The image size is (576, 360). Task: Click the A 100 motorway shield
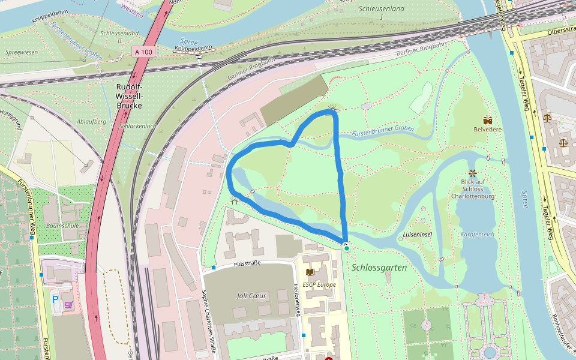(144, 52)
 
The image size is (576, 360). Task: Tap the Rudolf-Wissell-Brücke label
(130, 96)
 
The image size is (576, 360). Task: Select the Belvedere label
(488, 129)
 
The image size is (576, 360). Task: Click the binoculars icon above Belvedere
(488, 119)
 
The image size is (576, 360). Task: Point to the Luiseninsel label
(418, 234)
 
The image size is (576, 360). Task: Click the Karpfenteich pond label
(478, 235)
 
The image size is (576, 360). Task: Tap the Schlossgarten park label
(379, 268)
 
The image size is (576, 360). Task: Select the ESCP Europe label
(319, 284)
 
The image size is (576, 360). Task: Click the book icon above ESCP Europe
(310, 272)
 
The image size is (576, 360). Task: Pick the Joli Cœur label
(251, 296)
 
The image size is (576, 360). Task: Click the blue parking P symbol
(56, 299)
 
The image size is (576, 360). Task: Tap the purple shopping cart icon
(69, 305)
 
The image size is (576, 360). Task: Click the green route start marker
(347, 248)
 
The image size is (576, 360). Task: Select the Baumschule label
(62, 226)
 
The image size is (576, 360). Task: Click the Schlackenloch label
(137, 126)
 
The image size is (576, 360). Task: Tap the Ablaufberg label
(91, 121)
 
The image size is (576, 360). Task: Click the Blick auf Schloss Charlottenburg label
(473, 188)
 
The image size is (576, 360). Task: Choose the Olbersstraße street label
(561, 31)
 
